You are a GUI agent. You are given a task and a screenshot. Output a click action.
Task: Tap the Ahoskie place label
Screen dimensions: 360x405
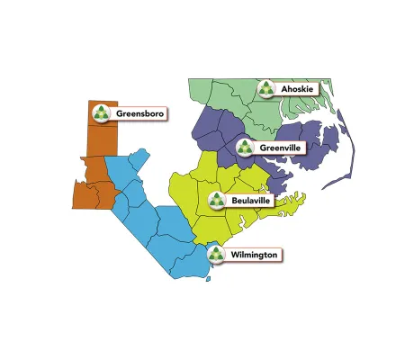298,89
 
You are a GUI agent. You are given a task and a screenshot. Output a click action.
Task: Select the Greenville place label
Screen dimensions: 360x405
280,147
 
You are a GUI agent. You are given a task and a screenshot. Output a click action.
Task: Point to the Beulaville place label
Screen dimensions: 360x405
252,200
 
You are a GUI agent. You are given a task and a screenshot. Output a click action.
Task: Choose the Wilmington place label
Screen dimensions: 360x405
255,255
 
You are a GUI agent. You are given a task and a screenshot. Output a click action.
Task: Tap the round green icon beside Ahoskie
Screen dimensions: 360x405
266,88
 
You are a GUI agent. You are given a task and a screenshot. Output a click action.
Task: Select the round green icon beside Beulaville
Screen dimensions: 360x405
217,200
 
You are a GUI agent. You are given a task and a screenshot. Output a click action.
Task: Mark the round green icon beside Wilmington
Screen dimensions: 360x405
217,255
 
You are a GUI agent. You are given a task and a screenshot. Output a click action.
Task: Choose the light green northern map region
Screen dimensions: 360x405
225,94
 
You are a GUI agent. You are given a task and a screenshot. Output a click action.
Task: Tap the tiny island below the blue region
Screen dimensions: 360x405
209,278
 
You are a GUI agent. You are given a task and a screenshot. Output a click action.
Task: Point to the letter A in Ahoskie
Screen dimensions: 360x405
285,89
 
